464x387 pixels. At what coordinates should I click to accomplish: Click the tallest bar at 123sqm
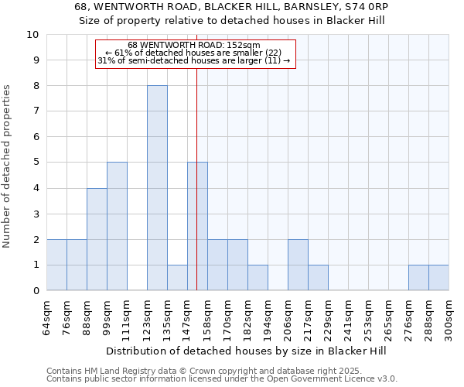point(157,188)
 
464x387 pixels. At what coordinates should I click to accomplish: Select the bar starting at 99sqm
point(117,226)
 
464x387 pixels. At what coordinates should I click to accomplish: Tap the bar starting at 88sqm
point(97,239)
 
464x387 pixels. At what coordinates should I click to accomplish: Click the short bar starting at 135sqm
point(177,278)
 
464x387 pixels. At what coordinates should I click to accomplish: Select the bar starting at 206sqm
point(298,265)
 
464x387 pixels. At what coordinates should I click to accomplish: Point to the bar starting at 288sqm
point(438,278)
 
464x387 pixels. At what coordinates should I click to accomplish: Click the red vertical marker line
point(197,193)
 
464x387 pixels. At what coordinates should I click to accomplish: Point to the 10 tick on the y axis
point(32,35)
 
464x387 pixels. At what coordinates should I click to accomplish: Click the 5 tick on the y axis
point(36,163)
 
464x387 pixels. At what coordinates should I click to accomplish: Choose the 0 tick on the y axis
point(36,291)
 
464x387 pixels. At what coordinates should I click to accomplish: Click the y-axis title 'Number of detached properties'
point(8,167)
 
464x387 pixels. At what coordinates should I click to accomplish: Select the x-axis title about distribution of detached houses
point(247,351)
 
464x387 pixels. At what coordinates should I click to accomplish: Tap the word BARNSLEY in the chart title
point(271,7)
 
